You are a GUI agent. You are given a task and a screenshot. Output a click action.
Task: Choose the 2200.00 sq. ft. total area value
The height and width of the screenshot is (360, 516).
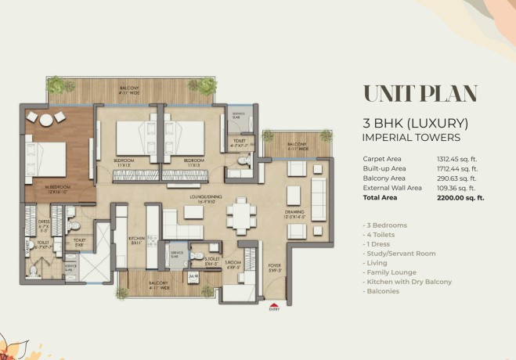[460, 198]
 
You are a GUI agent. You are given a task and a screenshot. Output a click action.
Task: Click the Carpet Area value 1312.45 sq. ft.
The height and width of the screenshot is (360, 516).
[460, 160]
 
